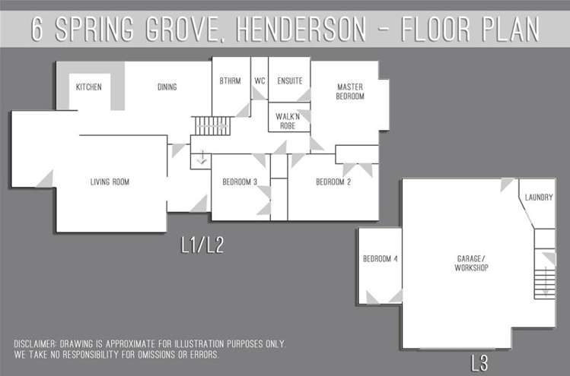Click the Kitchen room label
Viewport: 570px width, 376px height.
point(89,87)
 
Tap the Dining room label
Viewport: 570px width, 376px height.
point(167,87)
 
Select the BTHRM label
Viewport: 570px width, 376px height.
point(230,81)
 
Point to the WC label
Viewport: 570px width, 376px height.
point(260,81)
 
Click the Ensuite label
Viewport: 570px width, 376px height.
point(289,81)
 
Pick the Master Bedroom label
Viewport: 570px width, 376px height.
point(350,92)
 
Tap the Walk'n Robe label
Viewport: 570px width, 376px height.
point(290,122)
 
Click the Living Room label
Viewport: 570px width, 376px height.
point(110,182)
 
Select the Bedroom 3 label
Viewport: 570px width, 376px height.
point(240,182)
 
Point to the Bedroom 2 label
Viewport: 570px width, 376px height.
point(333,182)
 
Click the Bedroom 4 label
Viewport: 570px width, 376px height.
point(380,259)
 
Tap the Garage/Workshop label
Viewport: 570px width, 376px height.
point(471,264)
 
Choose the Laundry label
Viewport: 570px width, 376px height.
point(538,197)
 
